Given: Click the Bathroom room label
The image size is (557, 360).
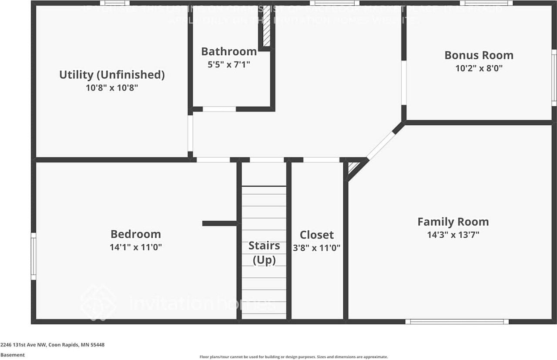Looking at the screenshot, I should click(228, 51).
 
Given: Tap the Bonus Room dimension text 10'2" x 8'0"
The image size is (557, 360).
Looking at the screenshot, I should click(479, 68).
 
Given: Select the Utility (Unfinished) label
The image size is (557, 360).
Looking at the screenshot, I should click(112, 74).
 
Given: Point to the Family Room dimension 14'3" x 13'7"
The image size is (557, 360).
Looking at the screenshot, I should click(453, 235).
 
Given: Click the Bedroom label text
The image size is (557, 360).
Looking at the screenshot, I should click(135, 234).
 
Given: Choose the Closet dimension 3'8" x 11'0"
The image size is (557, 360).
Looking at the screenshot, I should click(317, 248).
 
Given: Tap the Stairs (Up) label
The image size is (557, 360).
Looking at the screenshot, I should click(264, 252).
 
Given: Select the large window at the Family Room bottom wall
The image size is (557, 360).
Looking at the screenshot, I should click(456, 322).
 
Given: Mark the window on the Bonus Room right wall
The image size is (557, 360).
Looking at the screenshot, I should click(554, 77).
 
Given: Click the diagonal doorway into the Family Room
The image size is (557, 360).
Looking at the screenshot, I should click(381, 146).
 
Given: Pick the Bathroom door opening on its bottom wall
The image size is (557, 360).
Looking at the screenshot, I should click(219, 109).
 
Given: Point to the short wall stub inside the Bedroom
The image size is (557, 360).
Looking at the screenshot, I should click(220, 223).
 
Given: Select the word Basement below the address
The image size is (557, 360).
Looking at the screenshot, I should click(13, 355).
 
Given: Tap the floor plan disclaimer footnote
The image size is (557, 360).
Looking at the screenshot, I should click(293, 357).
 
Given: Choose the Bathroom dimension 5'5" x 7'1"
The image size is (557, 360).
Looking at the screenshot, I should click(228, 64).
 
